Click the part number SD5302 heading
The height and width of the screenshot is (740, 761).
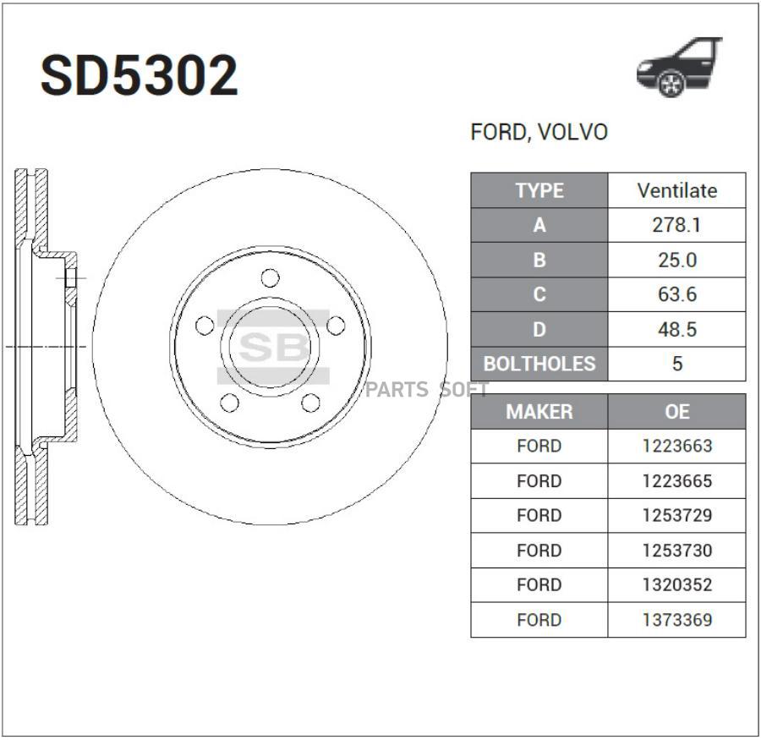click(140, 77)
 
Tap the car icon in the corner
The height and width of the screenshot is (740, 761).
click(679, 67)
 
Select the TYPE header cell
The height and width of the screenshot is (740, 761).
click(539, 191)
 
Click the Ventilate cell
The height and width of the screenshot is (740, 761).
click(676, 191)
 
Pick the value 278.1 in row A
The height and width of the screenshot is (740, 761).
click(676, 226)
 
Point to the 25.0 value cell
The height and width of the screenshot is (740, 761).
click(676, 260)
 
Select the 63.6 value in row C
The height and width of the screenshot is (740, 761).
click(676, 295)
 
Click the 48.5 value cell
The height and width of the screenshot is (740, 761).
click(676, 330)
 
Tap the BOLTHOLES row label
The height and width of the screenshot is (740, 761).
click(539, 365)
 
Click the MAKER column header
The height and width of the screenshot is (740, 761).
click(539, 412)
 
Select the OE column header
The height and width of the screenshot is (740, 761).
click(676, 412)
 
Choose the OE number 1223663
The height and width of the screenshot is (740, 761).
click(676, 447)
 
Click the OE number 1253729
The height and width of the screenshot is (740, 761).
click(676, 516)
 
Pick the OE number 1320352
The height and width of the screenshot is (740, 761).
click(676, 585)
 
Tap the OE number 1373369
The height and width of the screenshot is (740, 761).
click(676, 620)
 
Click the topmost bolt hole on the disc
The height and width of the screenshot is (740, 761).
click(270, 277)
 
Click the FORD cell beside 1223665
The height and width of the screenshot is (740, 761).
click(539, 481)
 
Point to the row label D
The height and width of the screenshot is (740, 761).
click(539, 330)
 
